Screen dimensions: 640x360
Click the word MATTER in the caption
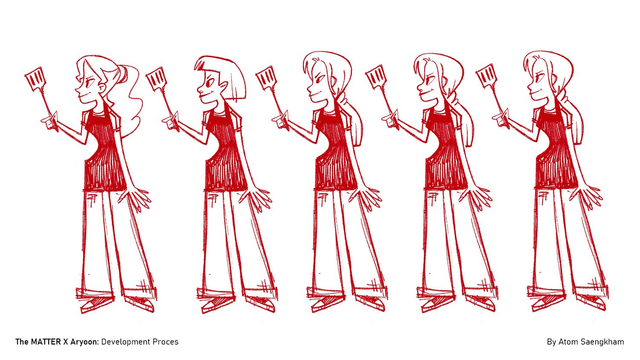coord(46,342)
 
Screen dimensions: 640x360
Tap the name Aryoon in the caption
coord(84,342)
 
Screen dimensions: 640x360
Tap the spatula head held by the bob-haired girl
coord(156,79)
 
